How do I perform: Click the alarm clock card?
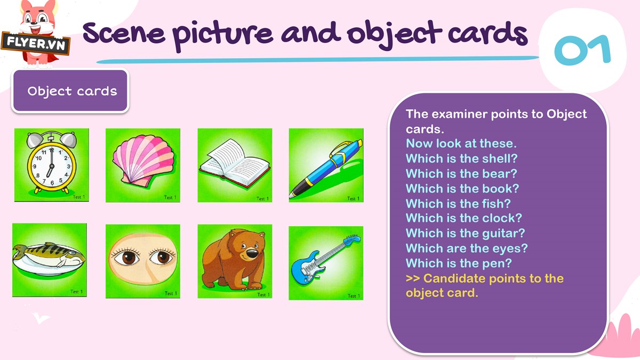click(x=52, y=165)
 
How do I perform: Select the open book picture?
click(x=235, y=164)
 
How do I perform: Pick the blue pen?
click(x=326, y=169)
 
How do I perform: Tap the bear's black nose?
click(x=252, y=253)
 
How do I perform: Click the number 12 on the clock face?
click(x=51, y=150)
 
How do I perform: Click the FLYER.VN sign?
click(x=36, y=43)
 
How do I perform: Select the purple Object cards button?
click(x=70, y=91)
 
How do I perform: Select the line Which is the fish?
click(x=458, y=203)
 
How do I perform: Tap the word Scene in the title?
click(x=124, y=33)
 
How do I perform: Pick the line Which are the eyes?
click(x=467, y=249)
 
